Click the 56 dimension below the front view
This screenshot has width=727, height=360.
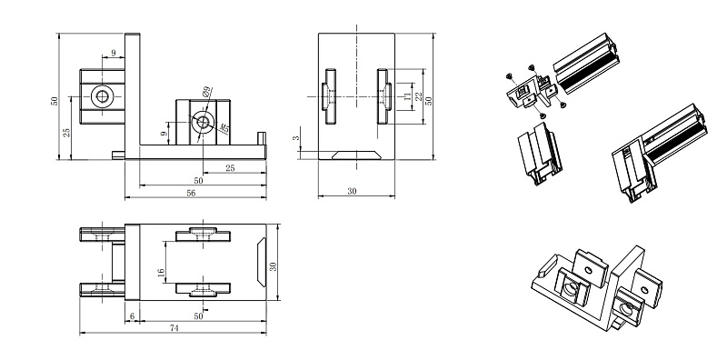(x=191, y=194)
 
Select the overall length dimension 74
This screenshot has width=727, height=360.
(x=174, y=328)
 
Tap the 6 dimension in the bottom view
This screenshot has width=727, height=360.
(x=132, y=316)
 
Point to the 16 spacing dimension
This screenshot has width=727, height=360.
(x=161, y=274)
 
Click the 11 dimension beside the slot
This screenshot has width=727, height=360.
(x=407, y=96)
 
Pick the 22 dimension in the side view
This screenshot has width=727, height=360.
(x=419, y=96)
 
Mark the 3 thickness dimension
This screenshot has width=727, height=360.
(x=297, y=138)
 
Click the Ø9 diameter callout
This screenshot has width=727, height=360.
(x=207, y=91)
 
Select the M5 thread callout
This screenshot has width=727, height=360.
(x=224, y=127)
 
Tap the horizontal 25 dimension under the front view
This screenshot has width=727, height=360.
(x=230, y=168)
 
